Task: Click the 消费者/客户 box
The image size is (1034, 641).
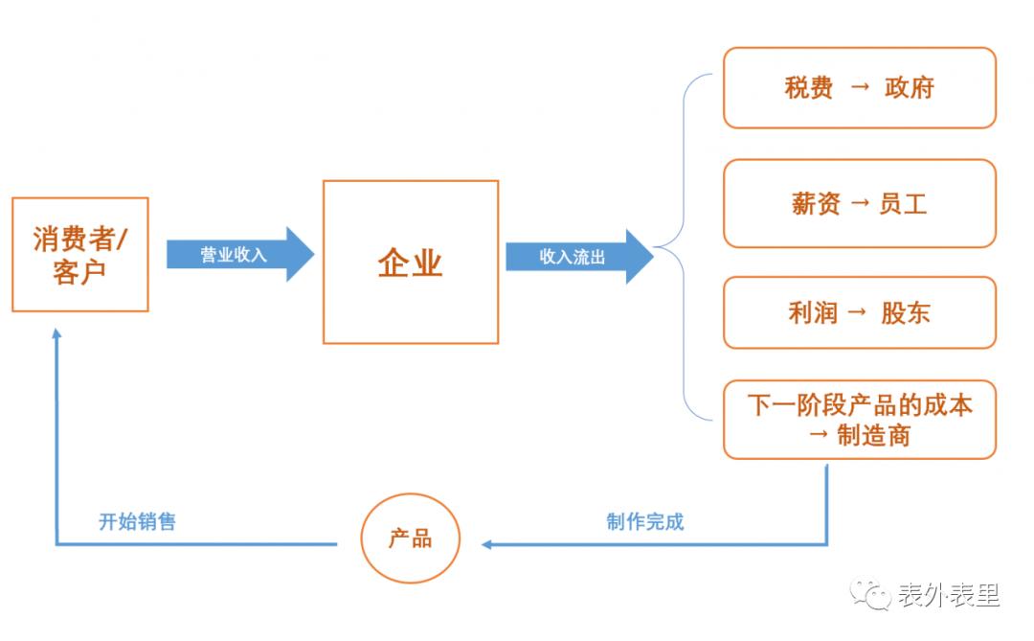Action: [x=80, y=255]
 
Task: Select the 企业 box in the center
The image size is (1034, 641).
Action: [x=411, y=263]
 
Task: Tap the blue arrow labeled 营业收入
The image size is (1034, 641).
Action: [x=239, y=255]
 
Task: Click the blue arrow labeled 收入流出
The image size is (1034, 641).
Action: [x=578, y=256]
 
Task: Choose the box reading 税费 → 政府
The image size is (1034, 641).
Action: [x=859, y=88]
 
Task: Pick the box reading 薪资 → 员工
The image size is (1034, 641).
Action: [x=859, y=203]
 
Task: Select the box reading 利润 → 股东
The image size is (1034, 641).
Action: [x=859, y=312]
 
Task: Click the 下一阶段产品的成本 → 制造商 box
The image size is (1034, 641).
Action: [x=859, y=420]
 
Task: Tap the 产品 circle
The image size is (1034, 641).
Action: [x=411, y=539]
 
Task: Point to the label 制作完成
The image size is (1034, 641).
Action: [x=645, y=522]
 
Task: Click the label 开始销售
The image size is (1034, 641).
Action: [x=138, y=522]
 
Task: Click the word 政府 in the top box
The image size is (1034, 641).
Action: [x=909, y=88]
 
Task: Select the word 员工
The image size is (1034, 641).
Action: [x=903, y=203]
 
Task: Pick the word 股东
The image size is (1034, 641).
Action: [x=906, y=312]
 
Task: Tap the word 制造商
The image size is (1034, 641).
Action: [x=873, y=436]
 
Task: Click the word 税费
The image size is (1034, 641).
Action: [x=809, y=88]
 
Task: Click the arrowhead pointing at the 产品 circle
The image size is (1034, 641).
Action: [x=486, y=544]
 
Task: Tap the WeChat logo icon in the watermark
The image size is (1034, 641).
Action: [x=871, y=594]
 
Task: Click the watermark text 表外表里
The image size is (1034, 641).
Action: [x=948, y=595]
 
